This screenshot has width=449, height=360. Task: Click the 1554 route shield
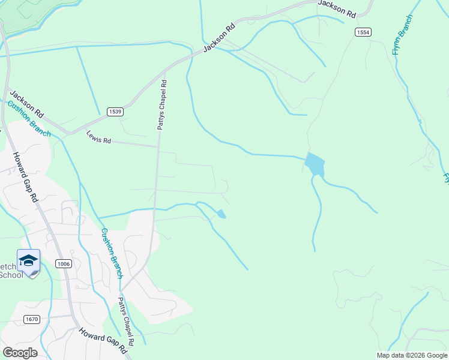(x=363, y=32)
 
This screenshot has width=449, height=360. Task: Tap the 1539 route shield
(x=116, y=112)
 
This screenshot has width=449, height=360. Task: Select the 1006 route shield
(x=64, y=263)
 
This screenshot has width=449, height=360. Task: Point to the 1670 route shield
(x=32, y=319)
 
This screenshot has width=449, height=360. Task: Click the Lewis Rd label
(x=99, y=137)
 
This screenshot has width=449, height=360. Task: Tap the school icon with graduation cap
(x=28, y=261)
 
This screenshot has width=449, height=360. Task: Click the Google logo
(x=20, y=352)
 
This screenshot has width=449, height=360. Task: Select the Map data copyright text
(x=412, y=355)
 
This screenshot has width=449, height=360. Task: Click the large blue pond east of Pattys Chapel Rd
(x=315, y=163)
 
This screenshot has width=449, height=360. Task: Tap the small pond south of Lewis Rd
(x=221, y=214)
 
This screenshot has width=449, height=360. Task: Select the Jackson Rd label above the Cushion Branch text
(x=27, y=104)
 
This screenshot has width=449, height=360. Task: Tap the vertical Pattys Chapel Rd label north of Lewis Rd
(x=163, y=106)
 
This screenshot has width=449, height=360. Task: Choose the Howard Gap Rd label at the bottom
(x=105, y=340)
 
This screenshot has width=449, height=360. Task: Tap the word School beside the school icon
(x=11, y=275)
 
